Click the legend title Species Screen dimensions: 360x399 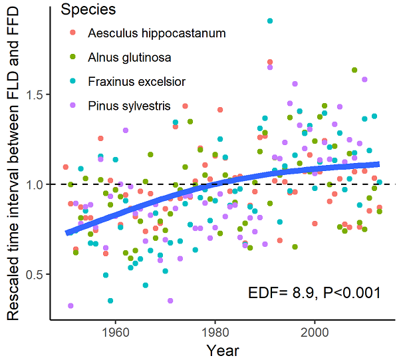[87, 10]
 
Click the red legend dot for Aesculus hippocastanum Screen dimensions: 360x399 [73, 33]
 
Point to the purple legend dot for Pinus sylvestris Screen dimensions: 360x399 [73, 105]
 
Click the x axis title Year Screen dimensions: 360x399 [222, 349]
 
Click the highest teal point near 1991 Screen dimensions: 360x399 [270, 21]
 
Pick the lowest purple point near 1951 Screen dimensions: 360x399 [70, 306]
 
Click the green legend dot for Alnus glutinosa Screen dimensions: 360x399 [73, 57]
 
